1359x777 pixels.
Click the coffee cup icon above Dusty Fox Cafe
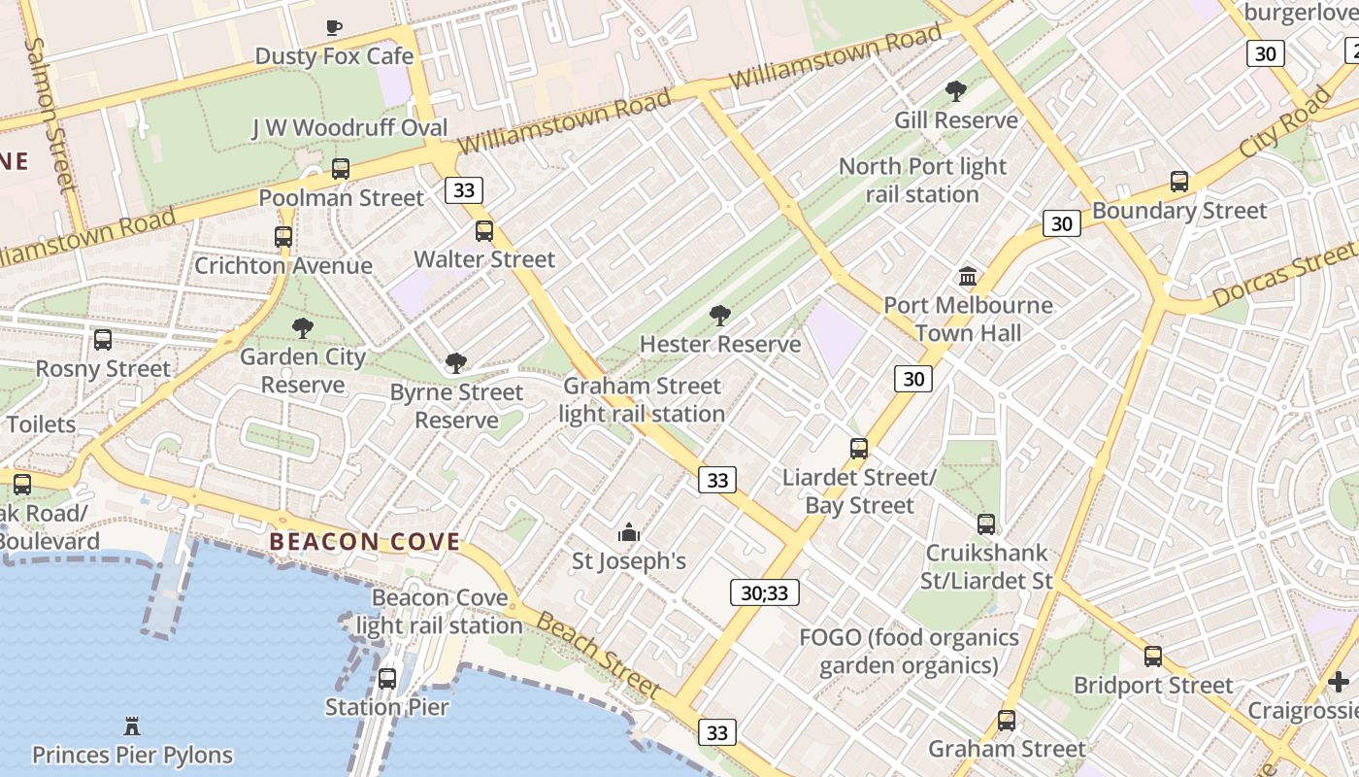[334, 27]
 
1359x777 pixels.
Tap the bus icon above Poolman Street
[341, 168]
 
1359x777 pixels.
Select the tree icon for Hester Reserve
[719, 315]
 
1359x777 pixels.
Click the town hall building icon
[968, 277]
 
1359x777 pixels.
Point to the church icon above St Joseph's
[629, 532]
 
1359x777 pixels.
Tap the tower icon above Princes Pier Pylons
[132, 726]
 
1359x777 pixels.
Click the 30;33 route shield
[764, 592]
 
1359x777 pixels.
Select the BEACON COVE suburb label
[364, 542]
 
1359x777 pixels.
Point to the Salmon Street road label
[50, 114]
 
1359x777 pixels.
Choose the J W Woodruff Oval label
[349, 127]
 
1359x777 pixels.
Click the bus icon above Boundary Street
[1179, 182]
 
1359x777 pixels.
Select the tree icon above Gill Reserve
[956, 91]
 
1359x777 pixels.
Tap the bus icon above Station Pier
[387, 678]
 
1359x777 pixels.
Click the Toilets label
[41, 423]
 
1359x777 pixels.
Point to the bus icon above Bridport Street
[1153, 657]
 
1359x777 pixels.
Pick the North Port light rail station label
[922, 180]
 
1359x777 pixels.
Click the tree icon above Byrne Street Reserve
[455, 364]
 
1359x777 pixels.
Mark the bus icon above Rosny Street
[103, 340]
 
